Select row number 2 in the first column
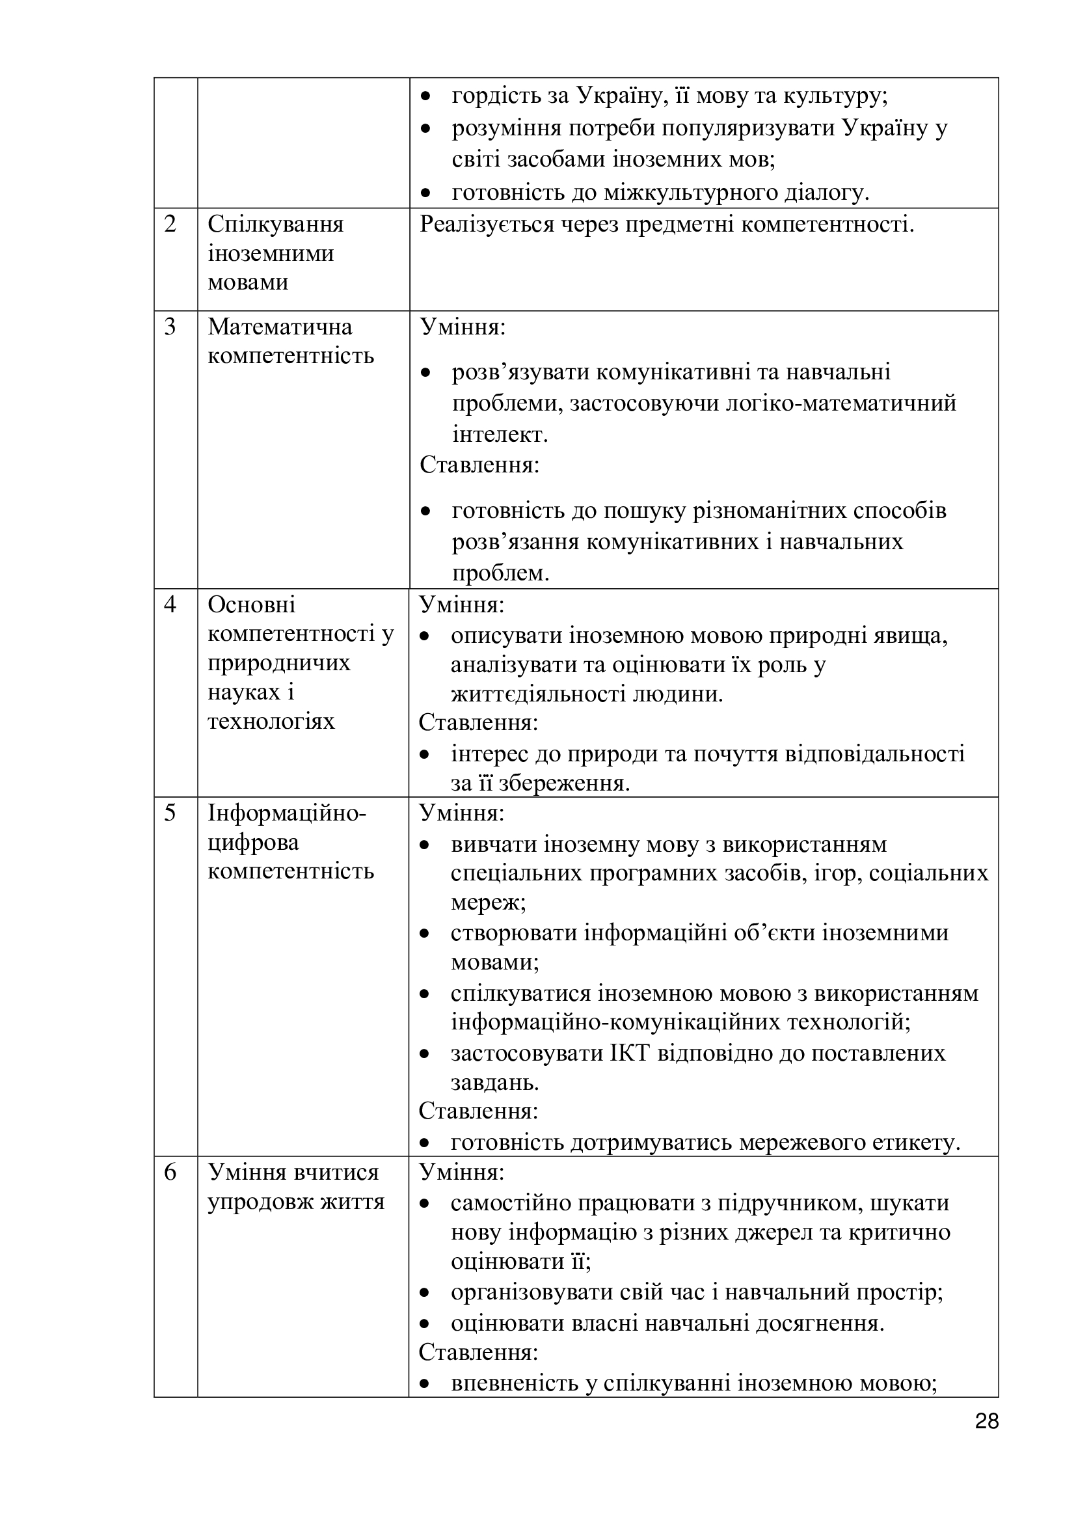point(170,224)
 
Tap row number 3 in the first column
point(170,327)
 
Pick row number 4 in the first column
point(170,605)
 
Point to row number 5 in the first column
point(170,813)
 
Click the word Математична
point(280,327)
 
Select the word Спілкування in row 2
point(276,224)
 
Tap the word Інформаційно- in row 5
point(287,813)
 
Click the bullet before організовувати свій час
point(427,1293)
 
